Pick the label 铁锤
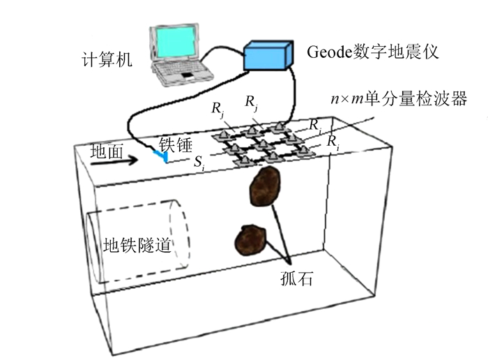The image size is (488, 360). pyautogui.click(x=175, y=143)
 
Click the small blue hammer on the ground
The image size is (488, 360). pyautogui.click(x=162, y=158)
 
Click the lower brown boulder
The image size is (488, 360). pyautogui.click(x=250, y=239)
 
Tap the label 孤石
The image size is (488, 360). pyautogui.click(x=291, y=280)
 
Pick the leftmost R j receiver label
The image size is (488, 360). pyautogui.click(x=218, y=109)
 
